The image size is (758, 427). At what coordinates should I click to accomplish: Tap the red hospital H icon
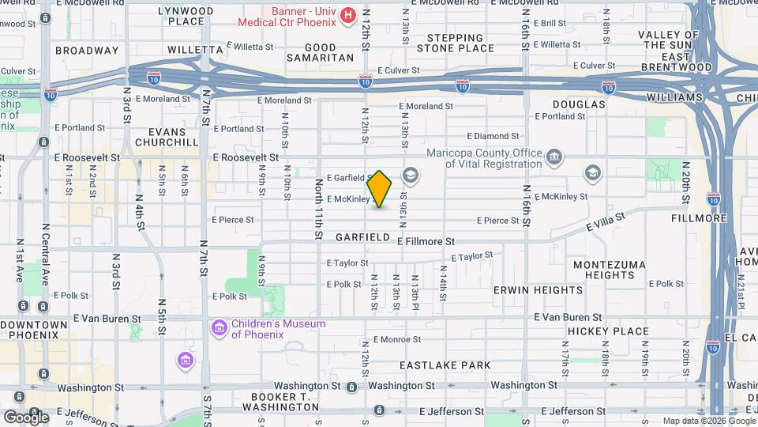click(347, 15)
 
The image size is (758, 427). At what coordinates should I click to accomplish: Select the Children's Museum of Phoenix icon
click(219, 327)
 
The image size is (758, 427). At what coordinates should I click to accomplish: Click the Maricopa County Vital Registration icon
click(555, 157)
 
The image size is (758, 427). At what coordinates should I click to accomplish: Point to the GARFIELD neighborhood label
click(362, 237)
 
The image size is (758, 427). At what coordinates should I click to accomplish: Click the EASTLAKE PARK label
click(445, 365)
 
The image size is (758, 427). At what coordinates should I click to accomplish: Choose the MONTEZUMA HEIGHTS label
click(609, 270)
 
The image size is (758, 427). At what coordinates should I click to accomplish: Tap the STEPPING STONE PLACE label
click(456, 43)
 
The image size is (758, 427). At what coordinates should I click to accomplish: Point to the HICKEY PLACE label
click(608, 331)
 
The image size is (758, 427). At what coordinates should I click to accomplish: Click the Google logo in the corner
click(26, 417)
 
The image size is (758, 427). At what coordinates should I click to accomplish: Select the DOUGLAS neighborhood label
click(579, 104)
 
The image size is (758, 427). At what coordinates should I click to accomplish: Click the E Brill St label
click(550, 25)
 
